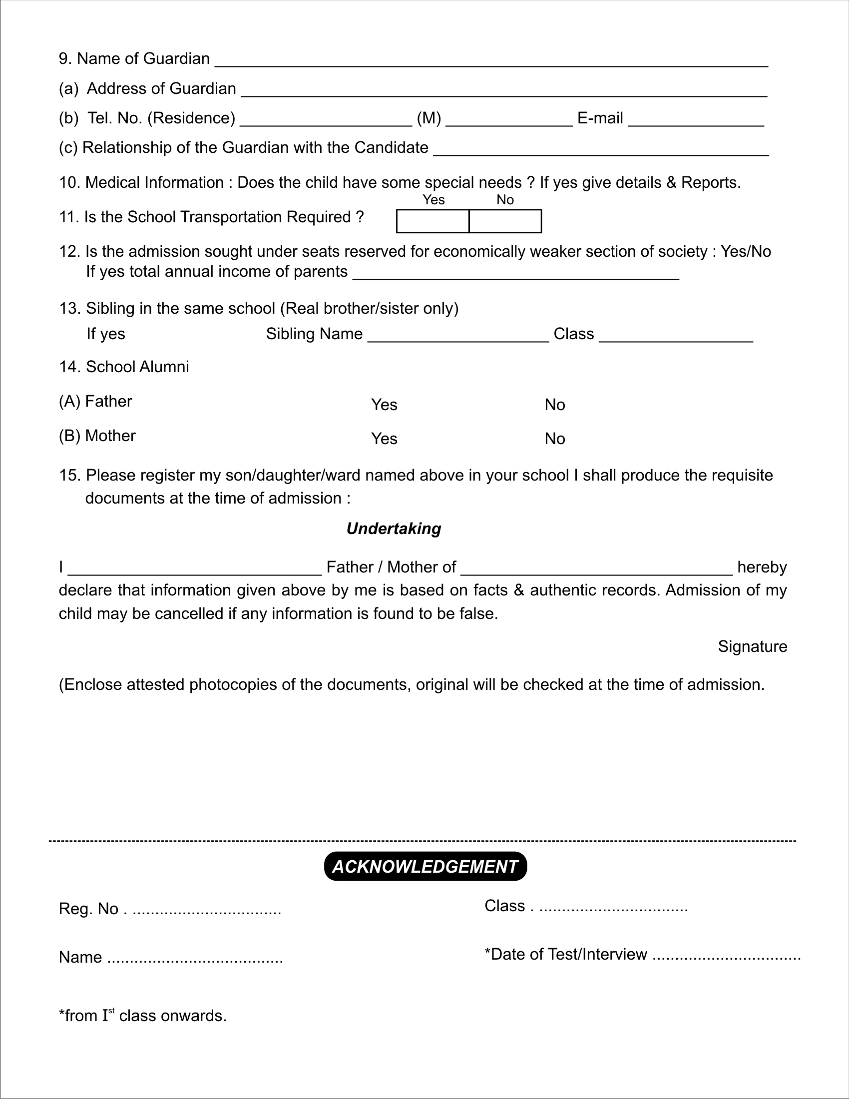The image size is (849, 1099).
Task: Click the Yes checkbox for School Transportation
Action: tap(432, 221)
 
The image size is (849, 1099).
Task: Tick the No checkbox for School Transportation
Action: tap(505, 221)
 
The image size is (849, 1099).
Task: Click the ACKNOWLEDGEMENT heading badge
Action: tap(425, 866)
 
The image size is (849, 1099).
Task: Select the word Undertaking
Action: tap(394, 529)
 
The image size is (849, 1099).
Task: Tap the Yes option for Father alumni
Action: tap(384, 405)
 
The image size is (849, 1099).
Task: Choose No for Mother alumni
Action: tap(554, 439)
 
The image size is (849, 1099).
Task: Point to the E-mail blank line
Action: tap(696, 121)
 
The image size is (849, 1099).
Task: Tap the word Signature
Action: tap(752, 646)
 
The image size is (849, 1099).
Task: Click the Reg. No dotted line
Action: tap(206, 910)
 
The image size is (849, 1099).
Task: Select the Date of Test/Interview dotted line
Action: tap(726, 955)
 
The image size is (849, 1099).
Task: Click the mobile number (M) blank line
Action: tap(508, 121)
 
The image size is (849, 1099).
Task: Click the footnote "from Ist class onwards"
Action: tap(143, 1016)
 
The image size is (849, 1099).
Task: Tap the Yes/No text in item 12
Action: tap(746, 251)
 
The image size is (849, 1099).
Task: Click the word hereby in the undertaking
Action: tap(762, 567)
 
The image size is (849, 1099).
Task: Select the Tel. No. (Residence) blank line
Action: tap(326, 121)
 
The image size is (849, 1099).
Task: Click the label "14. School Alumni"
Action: tap(124, 367)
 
